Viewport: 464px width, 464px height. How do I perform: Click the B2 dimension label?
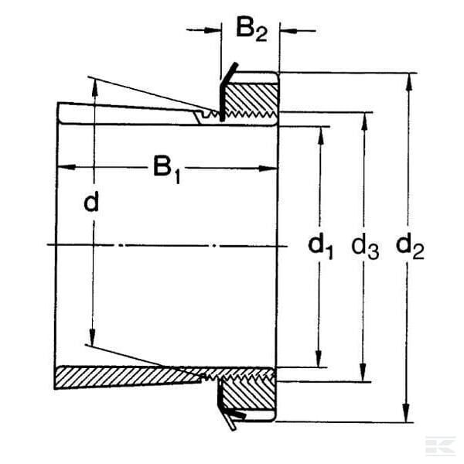point(251,30)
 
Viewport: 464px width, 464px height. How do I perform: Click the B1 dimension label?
point(166,170)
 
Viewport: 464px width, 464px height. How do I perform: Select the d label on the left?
point(91,201)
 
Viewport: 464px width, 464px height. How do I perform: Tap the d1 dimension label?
point(320,247)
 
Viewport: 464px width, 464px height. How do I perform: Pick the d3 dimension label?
point(365,247)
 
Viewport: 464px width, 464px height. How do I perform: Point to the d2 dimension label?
point(410,247)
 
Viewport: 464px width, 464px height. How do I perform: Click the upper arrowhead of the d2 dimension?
point(409,81)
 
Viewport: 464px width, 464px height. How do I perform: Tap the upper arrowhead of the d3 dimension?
point(365,121)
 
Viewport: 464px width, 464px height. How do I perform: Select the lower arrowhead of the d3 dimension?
point(363,373)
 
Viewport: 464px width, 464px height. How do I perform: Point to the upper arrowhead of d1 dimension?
point(321,135)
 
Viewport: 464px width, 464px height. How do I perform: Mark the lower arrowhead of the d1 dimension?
point(319,359)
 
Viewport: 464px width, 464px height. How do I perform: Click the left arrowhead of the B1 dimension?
point(67,167)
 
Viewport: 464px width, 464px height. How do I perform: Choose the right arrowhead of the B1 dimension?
point(268,169)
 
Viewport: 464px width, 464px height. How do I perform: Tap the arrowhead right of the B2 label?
point(288,31)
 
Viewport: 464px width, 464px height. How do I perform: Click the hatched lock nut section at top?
point(251,100)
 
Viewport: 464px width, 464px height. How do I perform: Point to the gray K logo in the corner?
point(440,445)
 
